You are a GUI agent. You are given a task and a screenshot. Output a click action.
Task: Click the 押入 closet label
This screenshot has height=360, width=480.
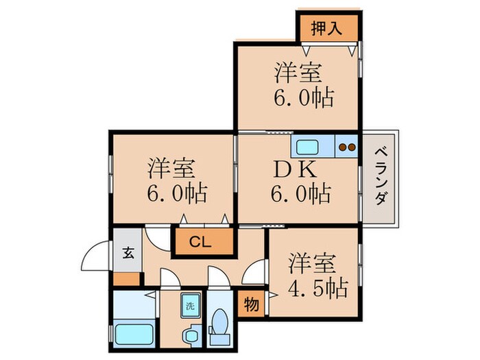pos(326,28)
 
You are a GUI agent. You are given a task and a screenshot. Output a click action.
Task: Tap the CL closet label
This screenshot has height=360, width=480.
pos(200,242)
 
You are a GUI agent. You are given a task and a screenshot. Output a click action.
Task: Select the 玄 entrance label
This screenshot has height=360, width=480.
pos(128,253)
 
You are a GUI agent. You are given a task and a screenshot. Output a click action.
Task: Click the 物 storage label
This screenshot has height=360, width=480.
pos(252,304)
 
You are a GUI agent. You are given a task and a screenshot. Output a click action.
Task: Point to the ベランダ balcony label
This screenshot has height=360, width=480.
pos(381,177)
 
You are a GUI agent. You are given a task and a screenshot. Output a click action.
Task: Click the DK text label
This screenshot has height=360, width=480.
pos(295,169)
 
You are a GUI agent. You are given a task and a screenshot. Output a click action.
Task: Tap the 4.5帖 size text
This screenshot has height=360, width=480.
pos(317,289)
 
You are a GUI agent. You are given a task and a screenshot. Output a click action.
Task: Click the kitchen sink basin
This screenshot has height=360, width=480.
pos(307,147)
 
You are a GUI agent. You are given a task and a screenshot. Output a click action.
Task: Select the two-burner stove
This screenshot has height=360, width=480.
pos(347,147)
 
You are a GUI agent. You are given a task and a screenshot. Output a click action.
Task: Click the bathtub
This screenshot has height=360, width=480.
pos(134,334)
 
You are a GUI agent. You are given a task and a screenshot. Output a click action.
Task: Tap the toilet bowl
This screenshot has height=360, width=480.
pos(220,322)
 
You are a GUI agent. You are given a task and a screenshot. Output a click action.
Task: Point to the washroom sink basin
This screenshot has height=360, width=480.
pos(191,336)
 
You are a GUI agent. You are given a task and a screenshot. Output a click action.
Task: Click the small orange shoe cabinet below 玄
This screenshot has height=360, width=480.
pos(127,279)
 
